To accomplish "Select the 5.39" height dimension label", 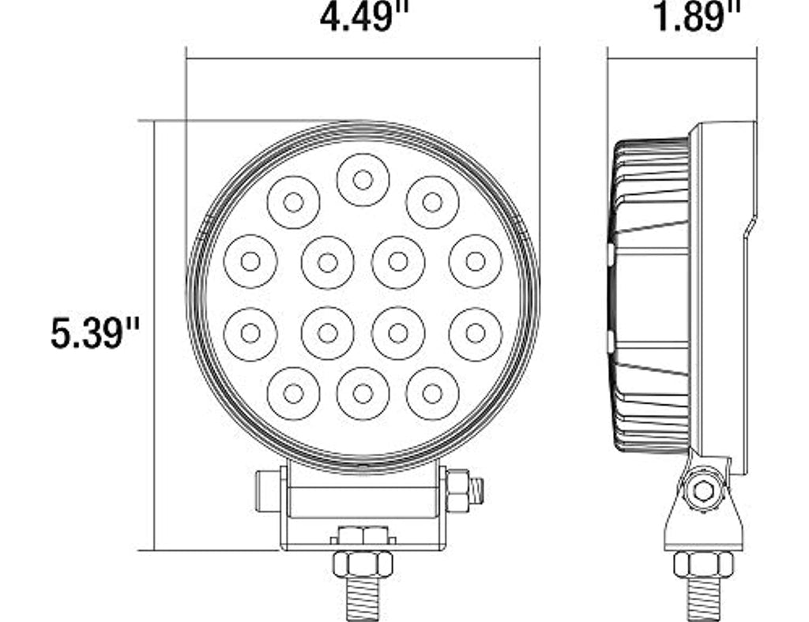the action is [x=96, y=333].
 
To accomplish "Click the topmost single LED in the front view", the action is [x=363, y=180].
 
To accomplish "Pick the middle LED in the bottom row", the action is [x=363, y=394].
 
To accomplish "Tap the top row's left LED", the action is [x=294, y=202].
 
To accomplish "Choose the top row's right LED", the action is [x=432, y=202].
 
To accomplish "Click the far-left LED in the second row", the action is [x=250, y=261].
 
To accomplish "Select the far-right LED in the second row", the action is [x=475, y=261].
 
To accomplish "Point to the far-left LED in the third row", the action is [x=250, y=333].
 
